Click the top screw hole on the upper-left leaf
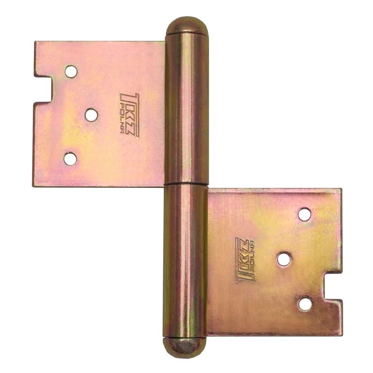(x=71, y=71)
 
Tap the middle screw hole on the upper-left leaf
(x=91, y=114)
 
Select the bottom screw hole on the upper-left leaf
(x=70, y=159)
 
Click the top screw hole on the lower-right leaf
(x=304, y=214)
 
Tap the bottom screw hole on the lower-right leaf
(x=305, y=304)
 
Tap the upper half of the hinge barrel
(x=186, y=107)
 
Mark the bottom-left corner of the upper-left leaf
(x=34, y=186)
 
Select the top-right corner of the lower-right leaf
(x=340, y=190)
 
